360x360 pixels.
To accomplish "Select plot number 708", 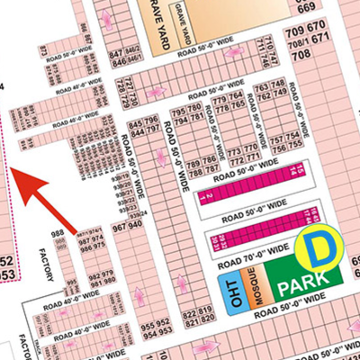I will coord(300,55).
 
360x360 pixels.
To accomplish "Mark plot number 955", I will coord(148,321).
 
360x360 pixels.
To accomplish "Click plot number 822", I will coord(190,316).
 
